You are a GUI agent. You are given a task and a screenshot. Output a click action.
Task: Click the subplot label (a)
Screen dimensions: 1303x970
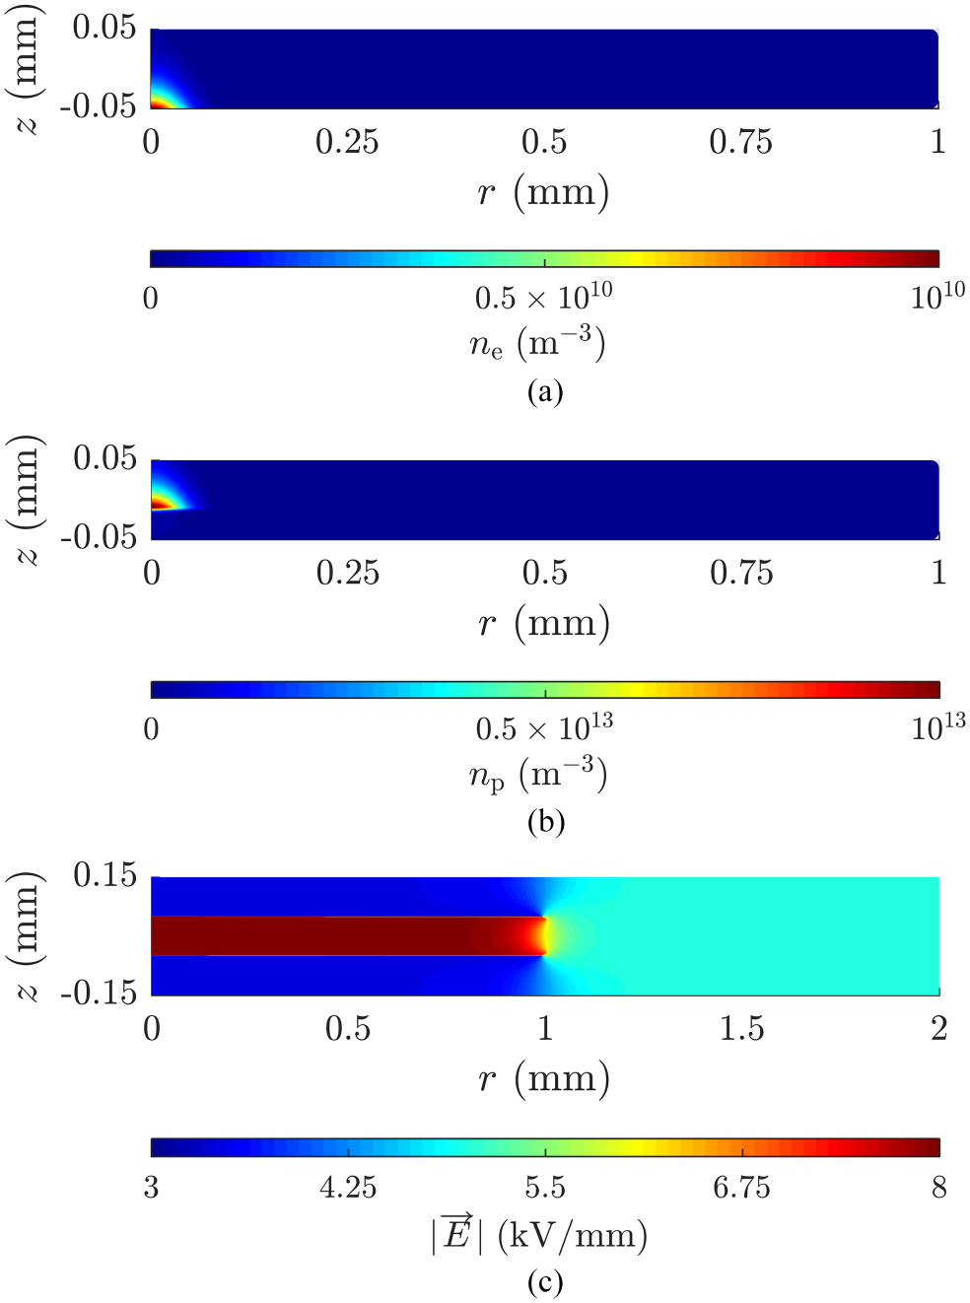pyautogui.click(x=544, y=391)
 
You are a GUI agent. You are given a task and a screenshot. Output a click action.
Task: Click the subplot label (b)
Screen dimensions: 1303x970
pyautogui.click(x=545, y=821)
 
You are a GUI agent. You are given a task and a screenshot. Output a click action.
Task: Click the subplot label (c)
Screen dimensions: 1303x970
pyautogui.click(x=545, y=1281)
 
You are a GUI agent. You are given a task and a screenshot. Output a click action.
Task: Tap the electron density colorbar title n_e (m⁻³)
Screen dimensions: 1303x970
pyautogui.click(x=537, y=343)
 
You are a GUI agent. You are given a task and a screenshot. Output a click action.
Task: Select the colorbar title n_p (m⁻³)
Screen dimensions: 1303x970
pyautogui.click(x=537, y=775)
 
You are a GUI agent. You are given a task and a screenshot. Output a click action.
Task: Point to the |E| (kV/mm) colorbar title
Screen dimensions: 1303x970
pyautogui.click(x=539, y=1234)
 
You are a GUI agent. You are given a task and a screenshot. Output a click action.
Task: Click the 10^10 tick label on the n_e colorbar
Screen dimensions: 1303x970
pyautogui.click(x=937, y=296)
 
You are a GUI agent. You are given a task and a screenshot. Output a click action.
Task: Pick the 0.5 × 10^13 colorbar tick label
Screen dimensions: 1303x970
pyautogui.click(x=544, y=728)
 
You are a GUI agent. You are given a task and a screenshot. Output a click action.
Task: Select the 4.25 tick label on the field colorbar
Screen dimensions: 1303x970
pyautogui.click(x=348, y=1188)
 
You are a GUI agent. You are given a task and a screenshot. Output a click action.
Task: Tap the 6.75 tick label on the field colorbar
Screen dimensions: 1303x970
pyautogui.click(x=741, y=1188)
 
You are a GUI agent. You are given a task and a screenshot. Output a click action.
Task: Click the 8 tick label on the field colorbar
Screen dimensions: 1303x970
pyautogui.click(x=938, y=1188)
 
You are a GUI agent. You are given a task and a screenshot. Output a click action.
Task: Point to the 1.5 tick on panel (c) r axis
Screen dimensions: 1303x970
pyautogui.click(x=741, y=1029)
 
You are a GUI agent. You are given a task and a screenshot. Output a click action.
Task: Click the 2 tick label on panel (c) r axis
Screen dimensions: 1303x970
pyautogui.click(x=938, y=1029)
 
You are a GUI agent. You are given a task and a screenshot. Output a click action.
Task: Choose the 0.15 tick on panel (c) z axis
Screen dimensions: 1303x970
pyautogui.click(x=104, y=875)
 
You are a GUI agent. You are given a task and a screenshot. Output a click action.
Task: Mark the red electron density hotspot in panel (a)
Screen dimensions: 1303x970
pyautogui.click(x=158, y=102)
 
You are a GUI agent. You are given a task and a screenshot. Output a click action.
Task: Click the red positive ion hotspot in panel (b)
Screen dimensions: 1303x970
pyautogui.click(x=160, y=505)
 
